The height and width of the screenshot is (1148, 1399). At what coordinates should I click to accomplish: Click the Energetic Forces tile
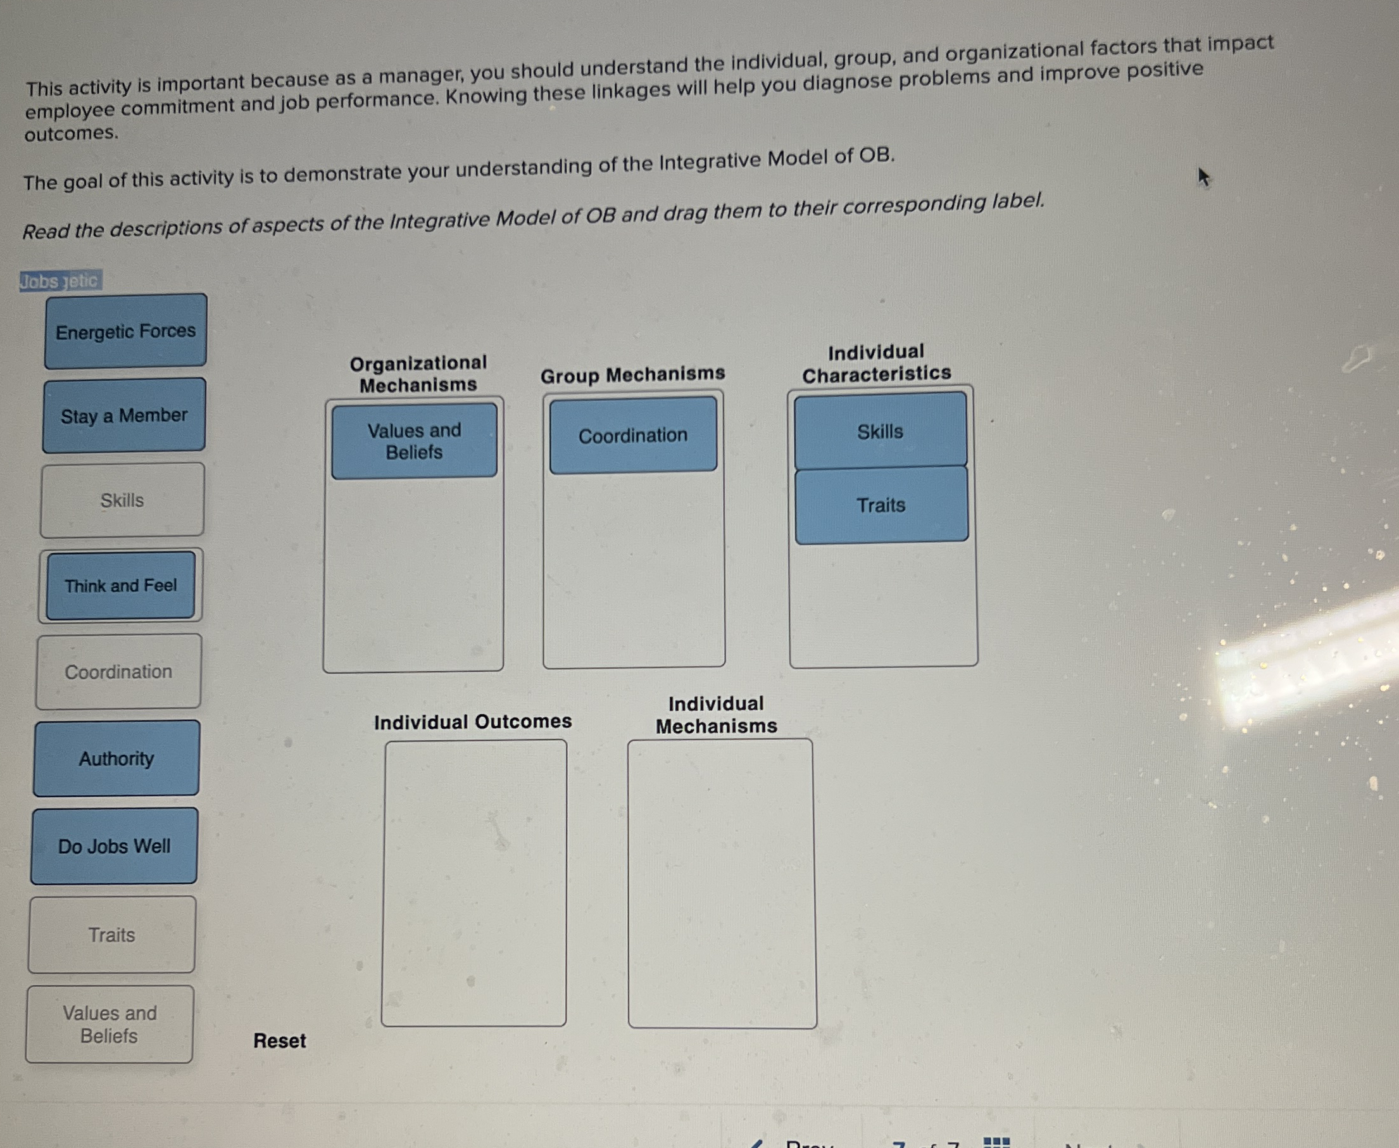(125, 331)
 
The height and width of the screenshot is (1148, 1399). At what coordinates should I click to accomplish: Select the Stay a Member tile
(124, 416)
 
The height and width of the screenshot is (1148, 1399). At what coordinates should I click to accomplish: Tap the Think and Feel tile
(121, 586)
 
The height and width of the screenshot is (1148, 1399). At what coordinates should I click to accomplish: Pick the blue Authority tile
(116, 759)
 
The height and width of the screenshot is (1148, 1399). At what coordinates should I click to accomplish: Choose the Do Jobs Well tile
(115, 847)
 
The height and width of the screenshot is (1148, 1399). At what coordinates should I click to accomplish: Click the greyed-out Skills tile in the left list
(122, 501)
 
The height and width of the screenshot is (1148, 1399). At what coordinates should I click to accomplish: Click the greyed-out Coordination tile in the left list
(118, 672)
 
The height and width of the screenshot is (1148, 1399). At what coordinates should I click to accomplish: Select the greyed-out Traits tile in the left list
(112, 935)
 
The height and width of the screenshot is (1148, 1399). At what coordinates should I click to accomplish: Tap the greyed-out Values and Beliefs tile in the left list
(110, 1025)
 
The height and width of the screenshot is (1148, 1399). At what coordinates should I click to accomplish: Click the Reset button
(280, 1041)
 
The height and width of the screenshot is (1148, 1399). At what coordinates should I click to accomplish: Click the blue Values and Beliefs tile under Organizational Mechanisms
(415, 441)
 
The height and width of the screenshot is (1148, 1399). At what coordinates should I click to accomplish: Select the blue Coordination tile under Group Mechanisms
(634, 435)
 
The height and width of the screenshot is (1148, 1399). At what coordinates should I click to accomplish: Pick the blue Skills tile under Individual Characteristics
(880, 431)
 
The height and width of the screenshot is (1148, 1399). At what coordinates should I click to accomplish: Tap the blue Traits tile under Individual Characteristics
(881, 505)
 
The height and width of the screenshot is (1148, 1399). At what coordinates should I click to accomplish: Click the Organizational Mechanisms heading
(418, 374)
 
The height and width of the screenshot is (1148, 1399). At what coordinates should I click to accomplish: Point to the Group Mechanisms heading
(633, 374)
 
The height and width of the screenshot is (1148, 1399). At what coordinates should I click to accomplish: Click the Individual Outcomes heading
(473, 721)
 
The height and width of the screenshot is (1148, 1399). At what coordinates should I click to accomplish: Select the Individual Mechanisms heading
(716, 715)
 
